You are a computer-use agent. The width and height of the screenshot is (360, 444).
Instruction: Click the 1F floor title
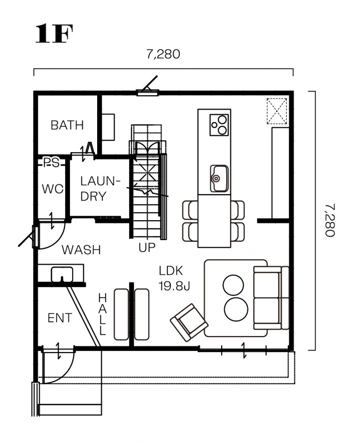tap(54, 33)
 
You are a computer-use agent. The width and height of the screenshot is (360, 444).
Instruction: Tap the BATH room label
tap(67, 125)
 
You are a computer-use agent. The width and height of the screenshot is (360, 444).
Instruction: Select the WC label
tap(53, 189)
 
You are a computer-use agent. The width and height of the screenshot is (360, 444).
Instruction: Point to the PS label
tap(51, 162)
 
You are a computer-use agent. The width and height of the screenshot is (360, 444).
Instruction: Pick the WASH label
tap(81, 250)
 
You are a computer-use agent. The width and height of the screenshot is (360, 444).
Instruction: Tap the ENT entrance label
tap(60, 318)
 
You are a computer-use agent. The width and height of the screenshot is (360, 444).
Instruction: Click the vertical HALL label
tap(102, 314)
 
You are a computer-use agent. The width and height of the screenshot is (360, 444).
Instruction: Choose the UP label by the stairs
tap(147, 247)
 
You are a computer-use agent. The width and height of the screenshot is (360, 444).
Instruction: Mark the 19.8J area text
tap(174, 287)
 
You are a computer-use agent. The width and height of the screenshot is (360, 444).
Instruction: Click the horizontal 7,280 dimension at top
tap(163, 54)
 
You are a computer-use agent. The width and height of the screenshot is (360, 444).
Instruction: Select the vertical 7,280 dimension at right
tap(330, 220)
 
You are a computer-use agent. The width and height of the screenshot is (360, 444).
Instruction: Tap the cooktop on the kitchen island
tap(219, 125)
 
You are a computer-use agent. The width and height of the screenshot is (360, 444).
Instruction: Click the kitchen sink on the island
tap(219, 179)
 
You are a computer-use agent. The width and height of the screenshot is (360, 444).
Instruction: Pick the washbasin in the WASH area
tap(62, 274)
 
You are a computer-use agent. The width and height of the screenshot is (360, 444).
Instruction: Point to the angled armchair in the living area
tap(189, 322)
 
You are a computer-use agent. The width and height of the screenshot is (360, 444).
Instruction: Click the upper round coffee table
tap(233, 285)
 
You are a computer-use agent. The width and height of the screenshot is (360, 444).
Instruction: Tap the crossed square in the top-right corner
tap(277, 111)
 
